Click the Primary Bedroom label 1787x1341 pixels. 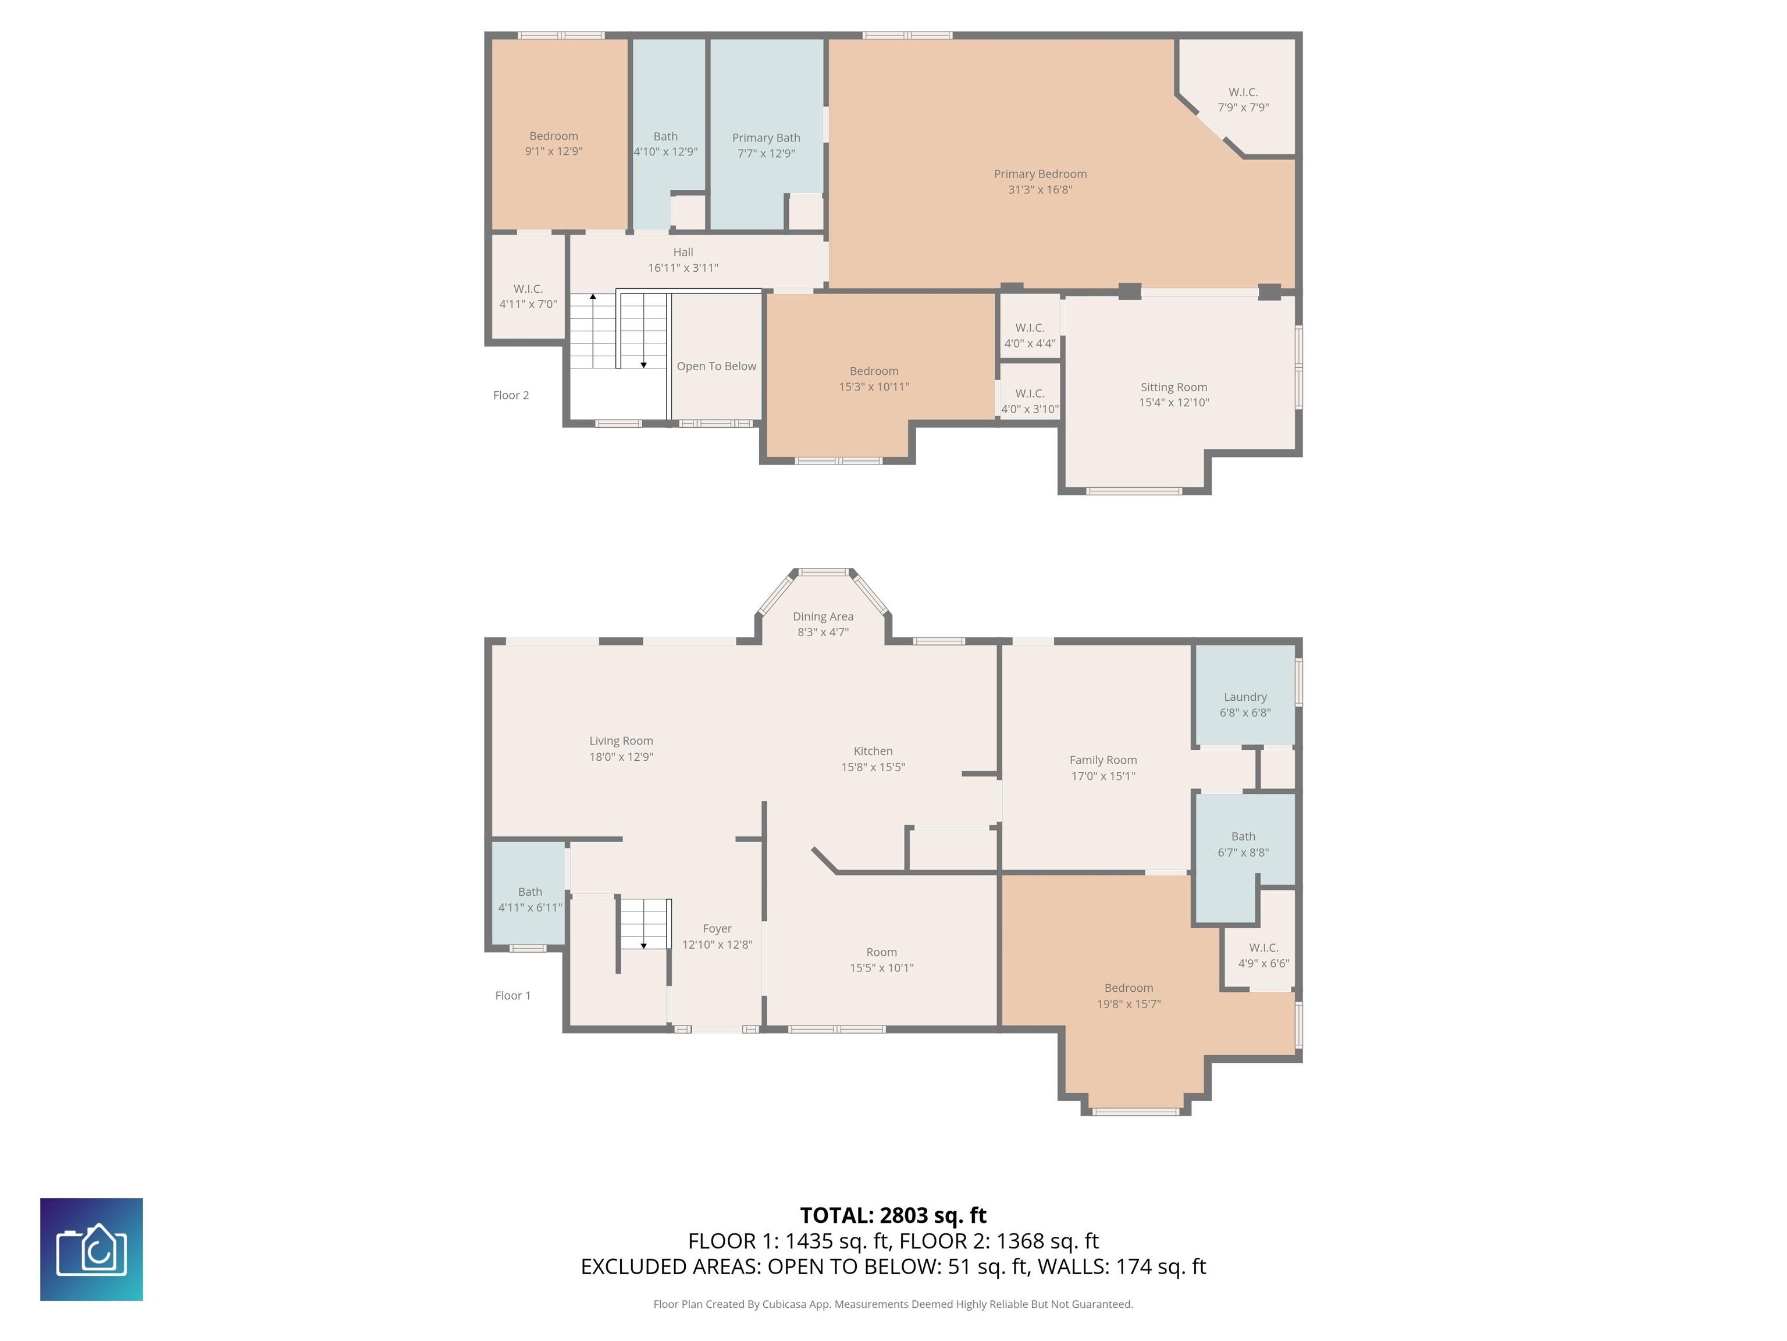[1040, 174]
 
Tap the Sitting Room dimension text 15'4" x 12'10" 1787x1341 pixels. [1174, 403]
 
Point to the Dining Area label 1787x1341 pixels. [823, 617]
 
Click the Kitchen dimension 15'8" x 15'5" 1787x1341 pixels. [873, 767]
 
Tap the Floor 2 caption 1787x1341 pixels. [511, 395]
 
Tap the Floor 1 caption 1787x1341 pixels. [513, 996]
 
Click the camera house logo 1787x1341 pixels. [91, 1250]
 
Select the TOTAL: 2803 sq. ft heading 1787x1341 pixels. [893, 1216]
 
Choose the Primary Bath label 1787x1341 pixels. [766, 138]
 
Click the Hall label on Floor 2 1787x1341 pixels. [683, 252]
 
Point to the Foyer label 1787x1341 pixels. [717, 929]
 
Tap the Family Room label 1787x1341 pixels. [1103, 760]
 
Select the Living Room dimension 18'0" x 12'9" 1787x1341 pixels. [621, 757]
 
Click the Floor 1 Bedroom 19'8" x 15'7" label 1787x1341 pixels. [1129, 988]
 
